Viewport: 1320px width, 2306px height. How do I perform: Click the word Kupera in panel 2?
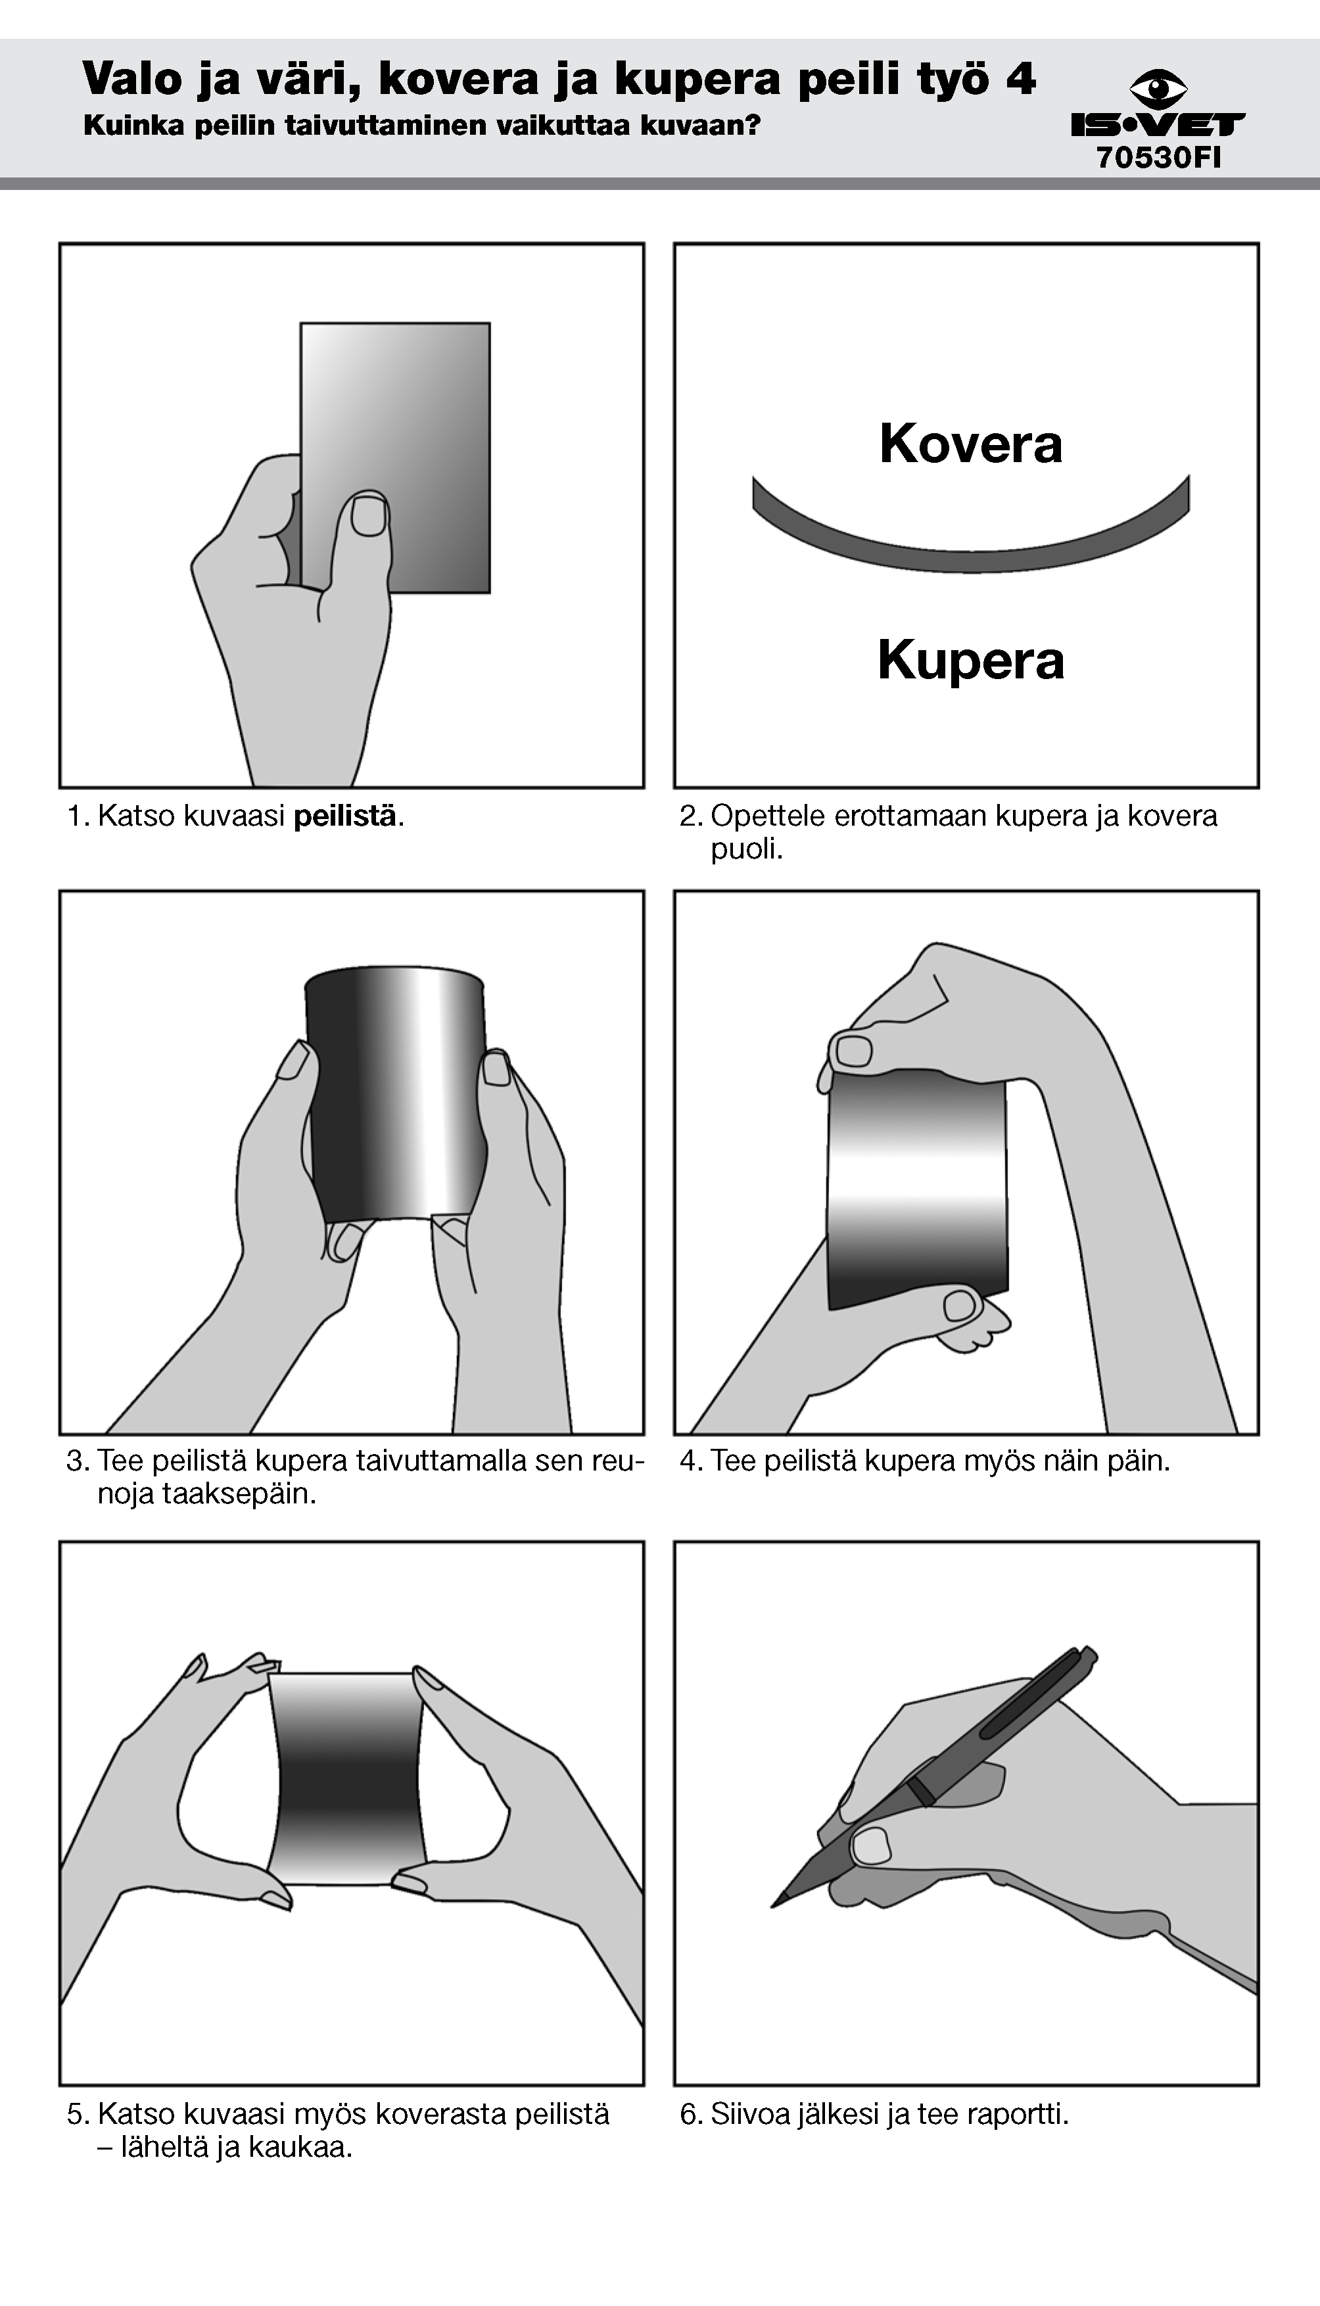point(971,661)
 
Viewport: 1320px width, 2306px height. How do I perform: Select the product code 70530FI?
point(1159,158)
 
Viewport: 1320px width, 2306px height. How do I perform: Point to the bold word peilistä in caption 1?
point(344,816)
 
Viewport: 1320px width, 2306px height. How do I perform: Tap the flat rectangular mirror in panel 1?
point(395,458)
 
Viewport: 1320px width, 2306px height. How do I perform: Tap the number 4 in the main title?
point(1021,80)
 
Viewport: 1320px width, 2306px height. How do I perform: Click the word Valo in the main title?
point(131,80)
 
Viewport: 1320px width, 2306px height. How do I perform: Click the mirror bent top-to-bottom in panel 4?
point(918,1189)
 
